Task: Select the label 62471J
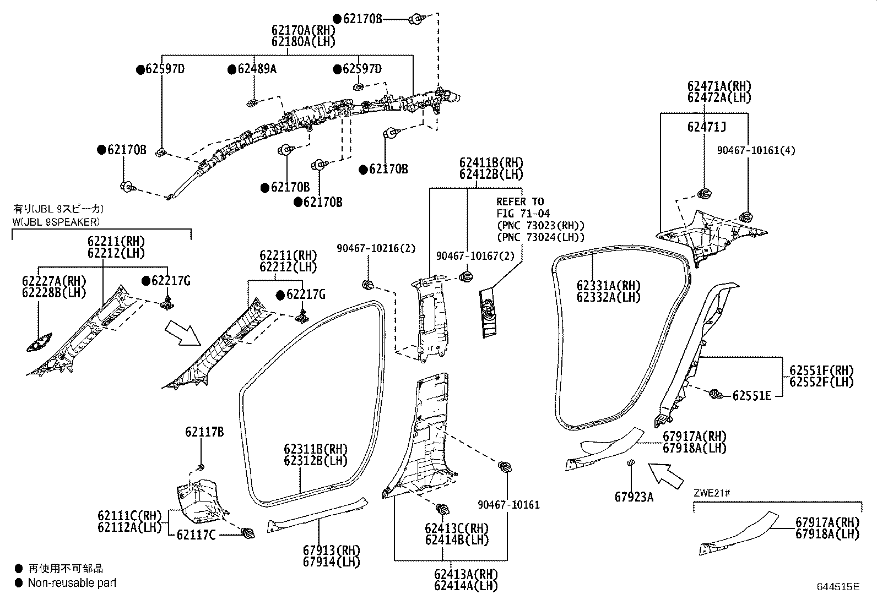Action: click(706, 127)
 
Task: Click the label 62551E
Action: click(751, 395)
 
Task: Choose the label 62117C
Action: click(196, 534)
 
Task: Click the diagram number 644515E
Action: click(838, 587)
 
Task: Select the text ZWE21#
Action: click(712, 493)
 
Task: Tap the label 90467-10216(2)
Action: click(376, 249)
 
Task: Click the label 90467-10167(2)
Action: click(475, 256)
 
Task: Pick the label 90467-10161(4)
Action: click(756, 150)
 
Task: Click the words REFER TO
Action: click(519, 201)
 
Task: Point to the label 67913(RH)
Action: click(331, 550)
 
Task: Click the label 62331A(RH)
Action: click(609, 286)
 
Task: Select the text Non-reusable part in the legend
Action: click(72, 582)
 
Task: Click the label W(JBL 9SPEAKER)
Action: click(56, 222)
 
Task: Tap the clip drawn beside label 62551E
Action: click(715, 394)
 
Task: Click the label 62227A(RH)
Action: click(54, 281)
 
